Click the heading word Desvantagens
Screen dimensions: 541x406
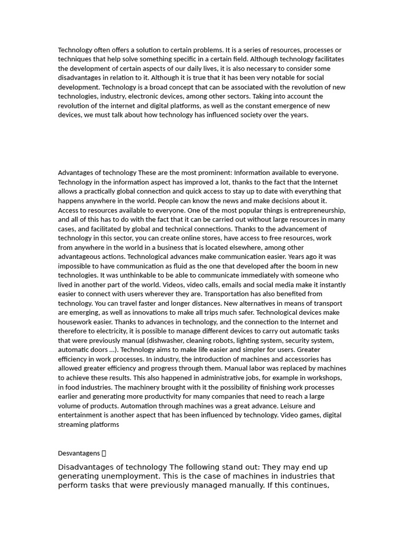[x=79, y=453]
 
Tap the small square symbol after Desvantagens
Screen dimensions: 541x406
[x=104, y=453]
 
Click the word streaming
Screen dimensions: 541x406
[x=73, y=424]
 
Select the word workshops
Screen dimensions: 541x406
[x=322, y=378]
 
